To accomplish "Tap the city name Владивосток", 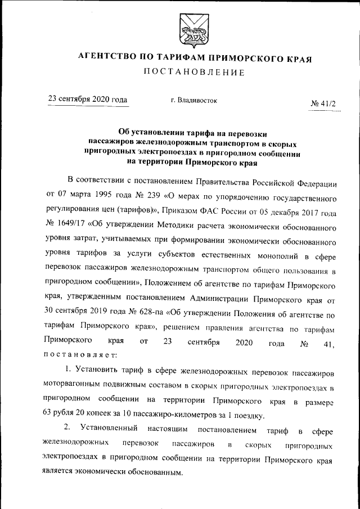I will click(x=193, y=100).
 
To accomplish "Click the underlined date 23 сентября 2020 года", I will click(x=88, y=100).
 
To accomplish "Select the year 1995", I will click(x=102, y=199).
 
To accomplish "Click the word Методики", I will click(x=166, y=228).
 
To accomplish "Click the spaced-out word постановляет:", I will click(x=80, y=355).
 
